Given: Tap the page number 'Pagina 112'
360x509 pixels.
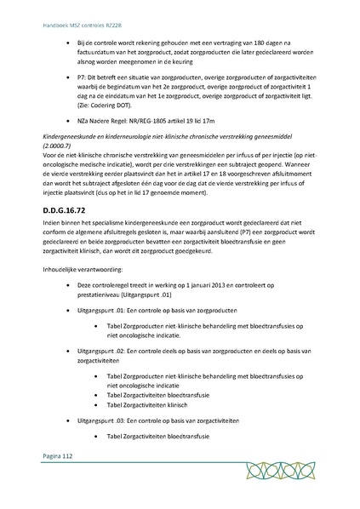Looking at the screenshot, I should tap(56, 481).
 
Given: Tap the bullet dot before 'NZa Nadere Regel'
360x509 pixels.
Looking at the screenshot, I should tap(58, 126).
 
